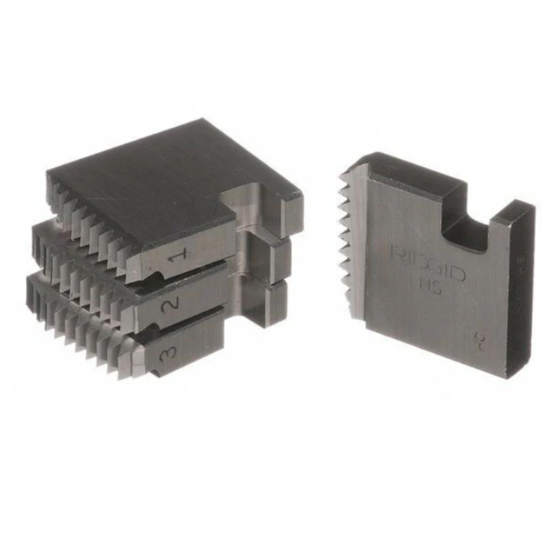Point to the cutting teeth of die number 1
pyautogui.click(x=92, y=227)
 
